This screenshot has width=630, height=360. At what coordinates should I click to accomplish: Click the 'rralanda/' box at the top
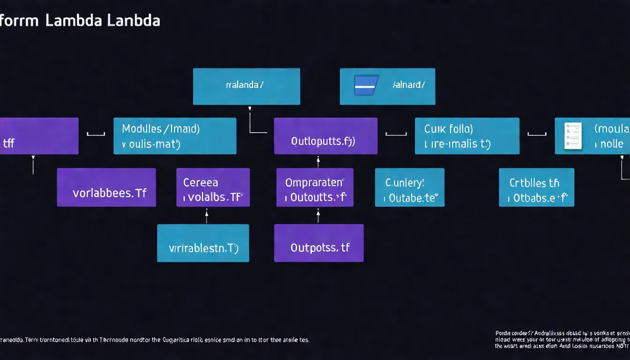point(246,86)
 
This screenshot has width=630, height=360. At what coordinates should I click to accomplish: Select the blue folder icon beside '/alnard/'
point(366,85)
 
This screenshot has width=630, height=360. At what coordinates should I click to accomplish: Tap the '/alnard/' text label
point(409,85)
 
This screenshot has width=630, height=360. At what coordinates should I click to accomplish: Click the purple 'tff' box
point(38,136)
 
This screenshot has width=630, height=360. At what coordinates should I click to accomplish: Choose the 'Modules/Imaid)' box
point(174,136)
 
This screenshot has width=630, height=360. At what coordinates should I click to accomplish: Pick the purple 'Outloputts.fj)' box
point(325,136)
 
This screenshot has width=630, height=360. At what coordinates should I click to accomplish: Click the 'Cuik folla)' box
point(467,136)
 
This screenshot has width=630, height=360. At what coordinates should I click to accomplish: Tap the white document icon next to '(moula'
point(573,135)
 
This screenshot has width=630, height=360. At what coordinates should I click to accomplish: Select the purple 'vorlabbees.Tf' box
point(106,187)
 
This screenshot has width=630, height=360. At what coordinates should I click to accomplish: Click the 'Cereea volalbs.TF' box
point(213,187)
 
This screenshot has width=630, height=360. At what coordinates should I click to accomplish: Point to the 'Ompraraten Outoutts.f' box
point(315,187)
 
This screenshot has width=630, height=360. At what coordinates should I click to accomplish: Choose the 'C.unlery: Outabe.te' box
point(409,187)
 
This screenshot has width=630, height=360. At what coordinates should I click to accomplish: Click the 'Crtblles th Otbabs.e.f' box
point(536,187)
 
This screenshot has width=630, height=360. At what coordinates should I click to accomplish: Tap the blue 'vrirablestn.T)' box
point(202,243)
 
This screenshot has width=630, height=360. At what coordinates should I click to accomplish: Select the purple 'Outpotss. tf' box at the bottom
point(319,243)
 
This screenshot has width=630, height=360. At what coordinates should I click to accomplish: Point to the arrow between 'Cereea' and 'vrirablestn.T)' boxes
point(206,216)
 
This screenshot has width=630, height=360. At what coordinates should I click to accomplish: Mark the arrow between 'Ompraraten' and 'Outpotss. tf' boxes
point(318,216)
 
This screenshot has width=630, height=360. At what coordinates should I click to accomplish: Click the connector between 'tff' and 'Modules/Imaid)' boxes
point(96,135)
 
